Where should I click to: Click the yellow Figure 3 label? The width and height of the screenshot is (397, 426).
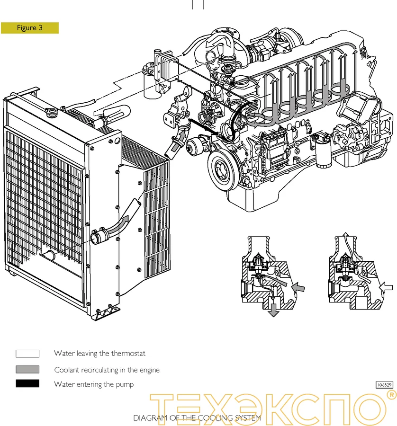[29, 28]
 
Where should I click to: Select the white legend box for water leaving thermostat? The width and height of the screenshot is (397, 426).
[27, 354]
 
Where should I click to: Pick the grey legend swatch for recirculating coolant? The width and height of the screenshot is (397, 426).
[27, 369]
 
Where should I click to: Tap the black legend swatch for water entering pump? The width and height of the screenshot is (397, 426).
[27, 384]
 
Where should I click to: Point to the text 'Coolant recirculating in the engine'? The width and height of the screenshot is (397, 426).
[107, 370]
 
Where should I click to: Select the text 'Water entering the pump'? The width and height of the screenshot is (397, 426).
[93, 384]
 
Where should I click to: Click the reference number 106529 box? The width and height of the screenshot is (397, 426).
[385, 385]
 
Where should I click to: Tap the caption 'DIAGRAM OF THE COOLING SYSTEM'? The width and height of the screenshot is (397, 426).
[197, 418]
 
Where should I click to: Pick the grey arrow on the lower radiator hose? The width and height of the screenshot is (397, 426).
[129, 217]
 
